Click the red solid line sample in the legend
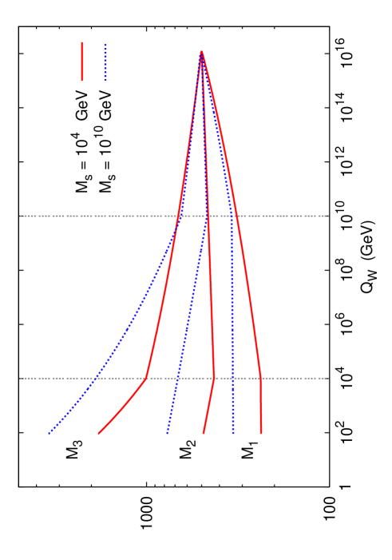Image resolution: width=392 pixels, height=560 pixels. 82,62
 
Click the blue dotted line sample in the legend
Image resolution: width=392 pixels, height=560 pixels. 105,62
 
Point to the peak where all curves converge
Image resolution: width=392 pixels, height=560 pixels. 201,53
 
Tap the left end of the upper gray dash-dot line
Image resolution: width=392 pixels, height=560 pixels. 22,216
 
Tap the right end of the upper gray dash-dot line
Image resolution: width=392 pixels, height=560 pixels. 327,216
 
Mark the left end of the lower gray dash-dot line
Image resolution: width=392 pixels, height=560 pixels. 22,378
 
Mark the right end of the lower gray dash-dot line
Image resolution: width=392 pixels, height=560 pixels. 327,378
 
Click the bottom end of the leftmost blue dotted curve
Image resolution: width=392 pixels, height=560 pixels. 49,434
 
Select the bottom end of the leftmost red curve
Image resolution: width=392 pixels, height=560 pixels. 98,434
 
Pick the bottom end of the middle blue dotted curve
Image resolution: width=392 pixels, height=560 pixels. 167,434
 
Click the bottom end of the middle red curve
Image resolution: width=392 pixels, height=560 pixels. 204,434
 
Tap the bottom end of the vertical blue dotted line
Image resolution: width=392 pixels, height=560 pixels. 233,434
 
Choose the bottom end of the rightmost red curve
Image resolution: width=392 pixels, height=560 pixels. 261,434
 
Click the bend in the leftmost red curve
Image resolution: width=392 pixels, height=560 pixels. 146,378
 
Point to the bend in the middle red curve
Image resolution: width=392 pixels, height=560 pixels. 214,378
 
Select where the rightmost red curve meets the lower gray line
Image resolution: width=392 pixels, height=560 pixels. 260,378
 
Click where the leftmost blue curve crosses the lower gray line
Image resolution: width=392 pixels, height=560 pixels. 97,378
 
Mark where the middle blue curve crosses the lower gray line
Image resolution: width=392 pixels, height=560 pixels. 177,378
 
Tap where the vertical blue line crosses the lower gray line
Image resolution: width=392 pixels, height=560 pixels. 233,378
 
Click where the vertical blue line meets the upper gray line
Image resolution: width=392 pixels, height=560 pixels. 232,216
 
